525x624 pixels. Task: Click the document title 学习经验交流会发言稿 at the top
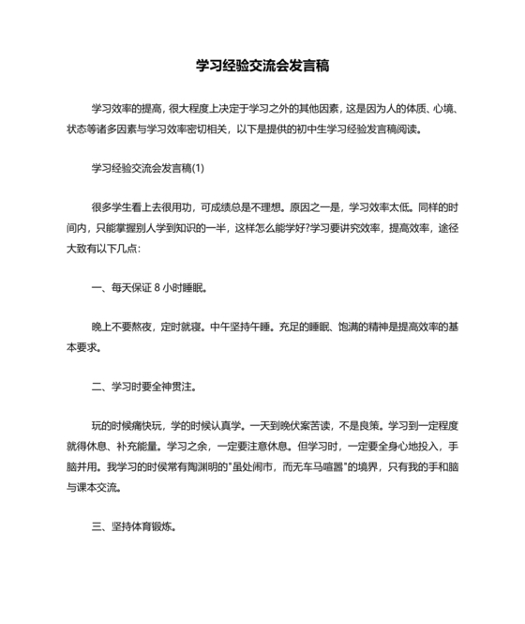click(262, 67)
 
